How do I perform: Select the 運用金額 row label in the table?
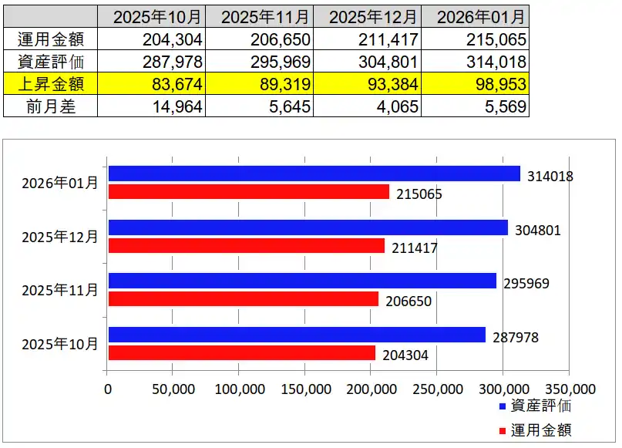click(x=51, y=39)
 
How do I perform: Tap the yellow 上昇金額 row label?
click(x=51, y=84)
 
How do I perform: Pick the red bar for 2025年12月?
click(x=246, y=246)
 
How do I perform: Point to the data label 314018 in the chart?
click(x=550, y=177)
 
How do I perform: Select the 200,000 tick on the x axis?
click(x=371, y=388)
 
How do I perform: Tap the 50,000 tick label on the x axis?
click(x=173, y=388)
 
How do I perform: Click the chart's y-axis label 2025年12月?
click(x=60, y=237)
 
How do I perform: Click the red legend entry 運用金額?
click(x=536, y=429)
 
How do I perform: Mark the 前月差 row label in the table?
click(x=51, y=106)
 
